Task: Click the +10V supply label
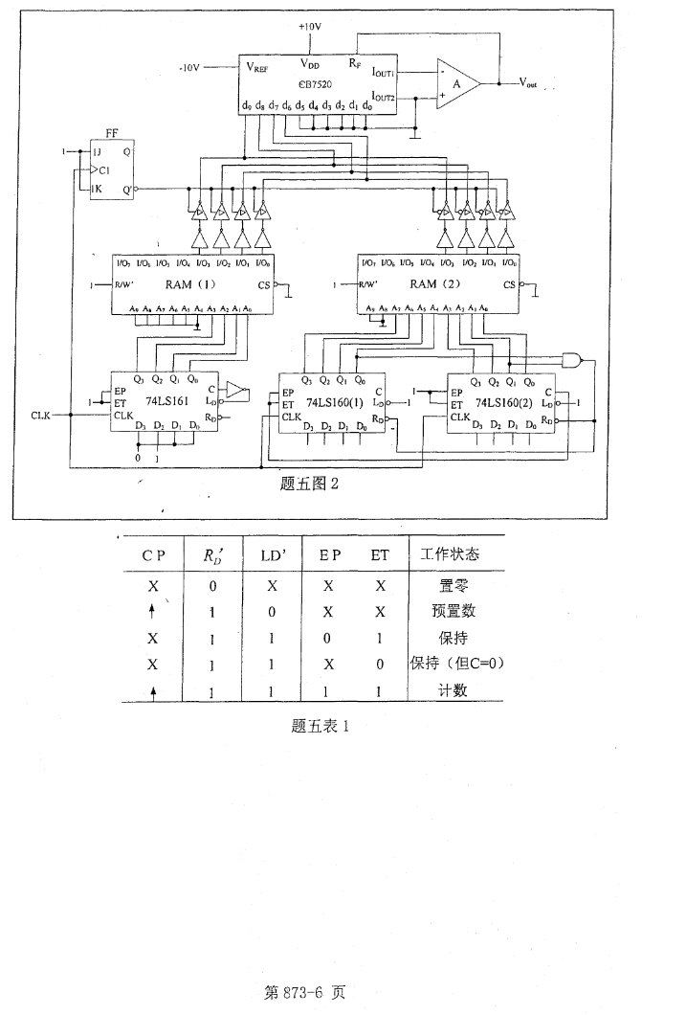tap(309, 26)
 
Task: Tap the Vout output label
tap(528, 84)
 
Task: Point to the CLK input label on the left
tap(40, 416)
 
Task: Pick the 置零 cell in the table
tap(439, 582)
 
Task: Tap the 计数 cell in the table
tap(439, 689)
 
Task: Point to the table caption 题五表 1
tap(321, 725)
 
